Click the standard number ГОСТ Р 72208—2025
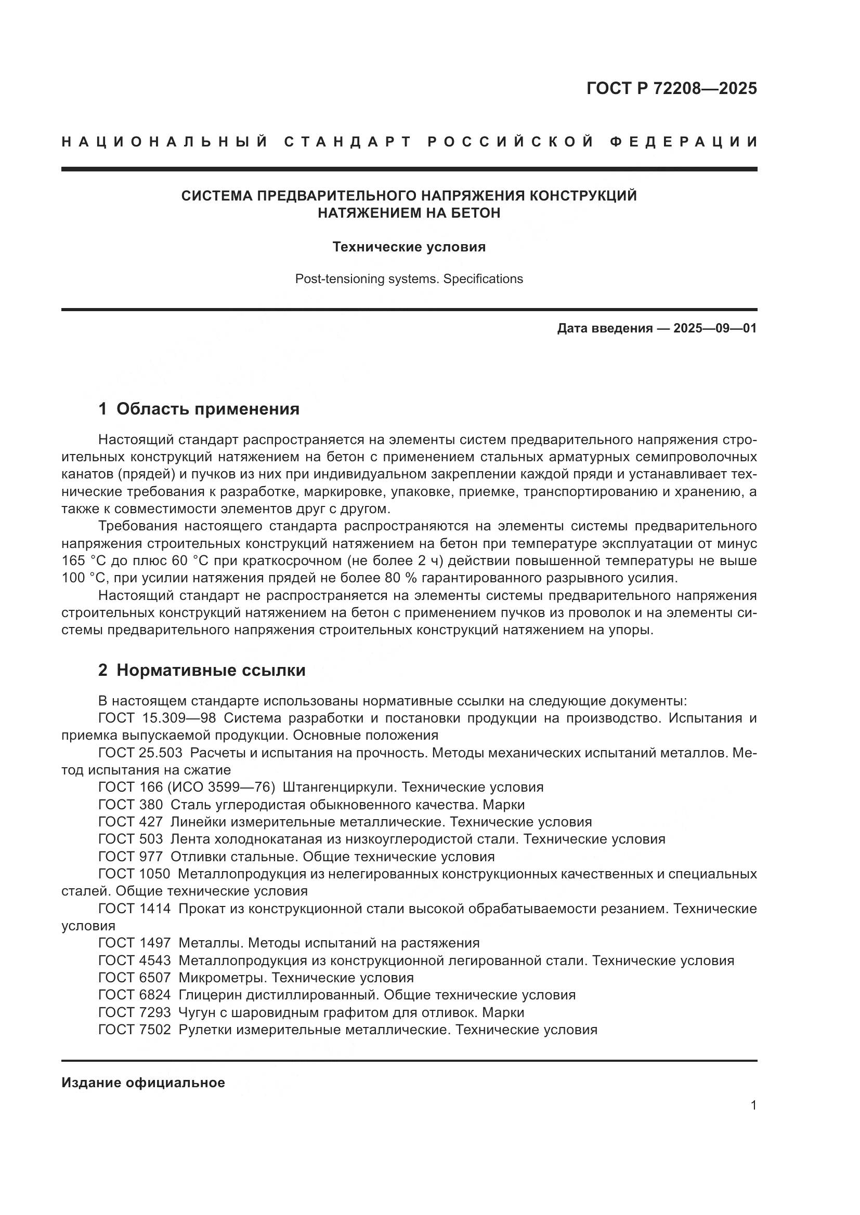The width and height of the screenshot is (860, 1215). coord(671,88)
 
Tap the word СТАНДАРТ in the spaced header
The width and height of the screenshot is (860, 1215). coord(348,142)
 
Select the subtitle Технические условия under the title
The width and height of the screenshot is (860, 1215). coord(409,247)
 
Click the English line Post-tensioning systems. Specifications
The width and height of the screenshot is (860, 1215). coord(409,279)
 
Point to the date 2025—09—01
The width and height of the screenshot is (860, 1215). coord(715,328)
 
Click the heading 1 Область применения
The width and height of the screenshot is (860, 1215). coord(199,409)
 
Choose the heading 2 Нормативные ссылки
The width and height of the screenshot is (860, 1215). coord(202,671)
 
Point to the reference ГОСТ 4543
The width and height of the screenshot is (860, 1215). coord(135,960)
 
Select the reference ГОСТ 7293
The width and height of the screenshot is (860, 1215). coord(135,1012)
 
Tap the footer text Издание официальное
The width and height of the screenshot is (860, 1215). coord(143,1083)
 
